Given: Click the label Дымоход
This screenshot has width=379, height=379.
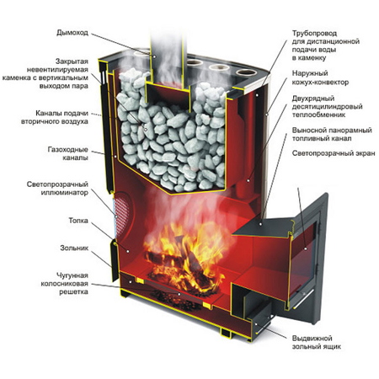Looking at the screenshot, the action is coord(72,33).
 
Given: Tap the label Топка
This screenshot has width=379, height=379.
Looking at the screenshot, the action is coord(78,221).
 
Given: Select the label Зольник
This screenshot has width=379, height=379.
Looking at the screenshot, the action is coord(74,248).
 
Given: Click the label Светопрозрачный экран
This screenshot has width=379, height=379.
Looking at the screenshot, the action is coord(334,153).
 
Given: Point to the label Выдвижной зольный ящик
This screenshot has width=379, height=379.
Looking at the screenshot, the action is coord(316,342).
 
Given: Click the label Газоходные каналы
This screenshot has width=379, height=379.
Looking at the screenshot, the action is coord(68,153).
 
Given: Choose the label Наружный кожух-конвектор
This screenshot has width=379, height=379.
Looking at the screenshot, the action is coord(320,77).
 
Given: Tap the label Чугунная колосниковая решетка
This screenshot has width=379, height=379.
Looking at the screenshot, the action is coord(65,284).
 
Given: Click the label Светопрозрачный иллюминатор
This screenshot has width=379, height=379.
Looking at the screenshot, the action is coord(57,189).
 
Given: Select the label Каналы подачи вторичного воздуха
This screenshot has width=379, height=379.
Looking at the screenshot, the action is coord(55,117).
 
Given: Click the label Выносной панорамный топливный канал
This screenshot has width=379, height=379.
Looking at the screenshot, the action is coord(332,134).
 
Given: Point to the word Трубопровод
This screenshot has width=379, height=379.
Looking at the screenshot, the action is coord(314,34).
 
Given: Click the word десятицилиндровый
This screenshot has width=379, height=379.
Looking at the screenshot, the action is coord(327,107).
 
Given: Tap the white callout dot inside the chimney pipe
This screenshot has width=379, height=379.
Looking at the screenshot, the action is coord(154,56).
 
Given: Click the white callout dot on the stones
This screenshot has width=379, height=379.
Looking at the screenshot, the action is coord(146,130).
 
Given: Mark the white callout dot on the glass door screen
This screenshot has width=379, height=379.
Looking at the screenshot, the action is coord(306,248).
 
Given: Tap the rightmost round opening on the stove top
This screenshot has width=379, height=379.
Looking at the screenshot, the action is coord(247,72).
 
